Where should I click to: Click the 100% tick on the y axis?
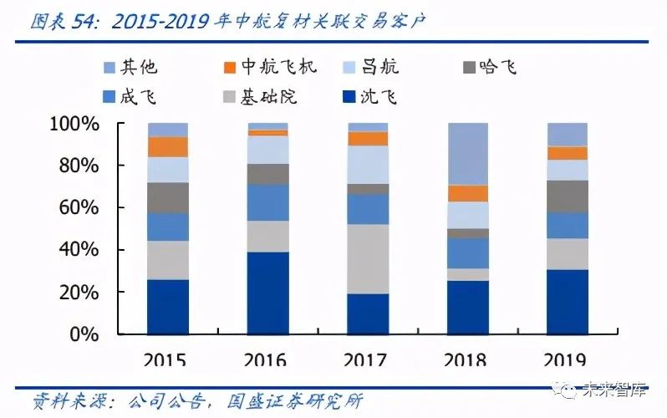[x=74, y=124]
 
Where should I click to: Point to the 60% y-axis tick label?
[x=79, y=208]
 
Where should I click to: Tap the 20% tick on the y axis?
[x=79, y=293]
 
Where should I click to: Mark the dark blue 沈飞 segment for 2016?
[x=267, y=293]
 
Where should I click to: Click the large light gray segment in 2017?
[x=368, y=258]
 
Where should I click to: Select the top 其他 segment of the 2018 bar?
[x=467, y=154]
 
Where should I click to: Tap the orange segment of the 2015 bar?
[x=167, y=146]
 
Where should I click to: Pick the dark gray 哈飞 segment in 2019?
[x=568, y=196]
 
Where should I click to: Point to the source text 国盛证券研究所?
[x=296, y=401]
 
